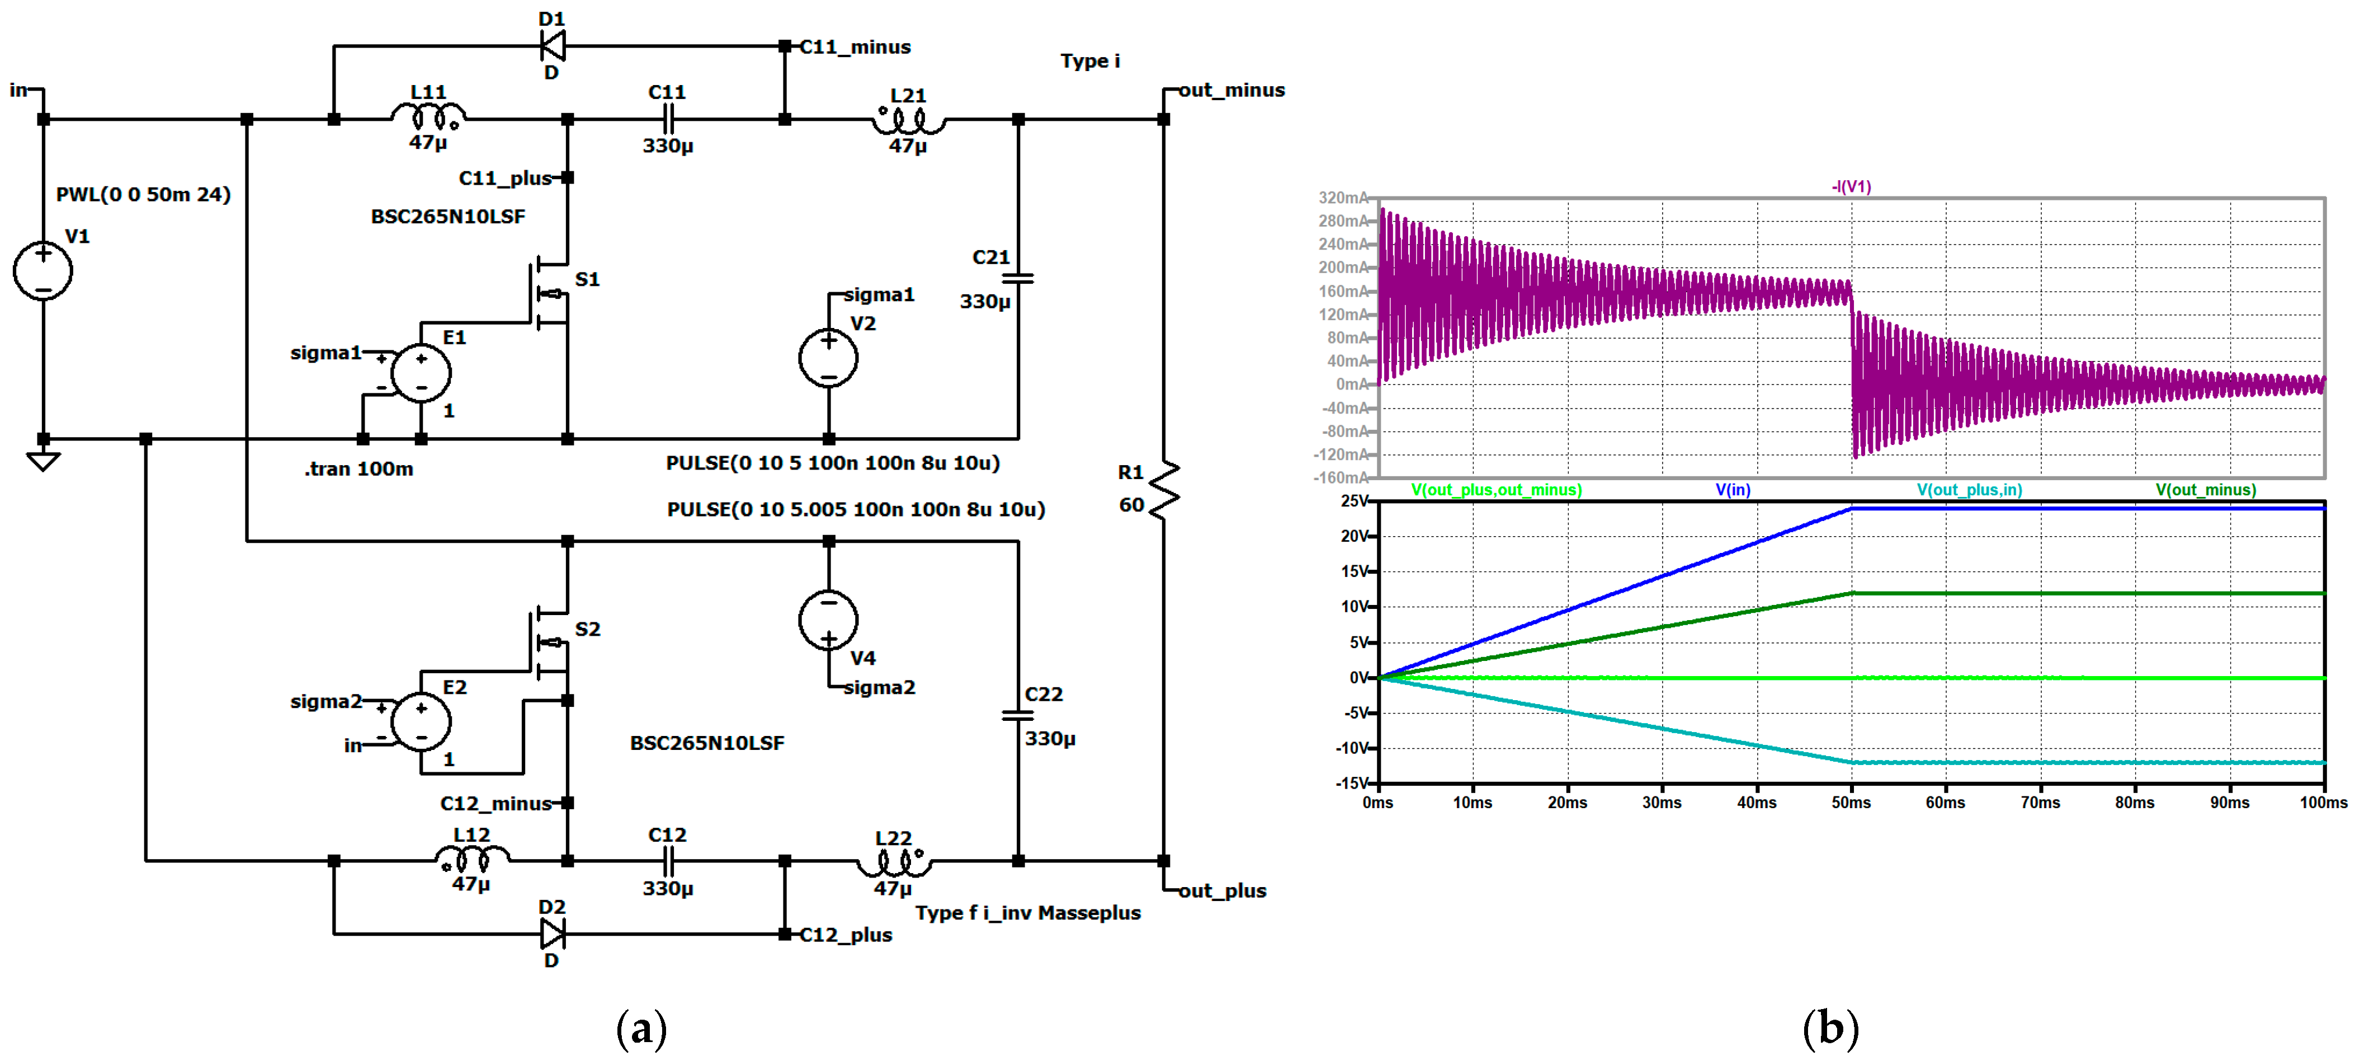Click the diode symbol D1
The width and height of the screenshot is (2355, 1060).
tap(552, 45)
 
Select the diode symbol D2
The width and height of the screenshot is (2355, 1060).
tap(552, 934)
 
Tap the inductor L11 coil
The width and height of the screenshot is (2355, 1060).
tap(428, 116)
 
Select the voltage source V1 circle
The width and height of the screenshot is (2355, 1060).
tap(43, 271)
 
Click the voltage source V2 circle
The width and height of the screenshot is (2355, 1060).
tap(828, 358)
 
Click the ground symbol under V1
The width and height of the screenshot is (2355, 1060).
tap(43, 461)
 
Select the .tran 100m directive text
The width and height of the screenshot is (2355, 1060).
tap(359, 469)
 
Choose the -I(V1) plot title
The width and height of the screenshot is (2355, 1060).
tap(1851, 186)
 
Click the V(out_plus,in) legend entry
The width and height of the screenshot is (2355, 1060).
tap(1969, 490)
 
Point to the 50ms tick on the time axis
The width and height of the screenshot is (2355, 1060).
tap(1851, 802)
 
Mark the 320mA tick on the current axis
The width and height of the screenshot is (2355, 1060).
tap(1342, 198)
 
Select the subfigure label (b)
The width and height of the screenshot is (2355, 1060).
tap(1830, 1028)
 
